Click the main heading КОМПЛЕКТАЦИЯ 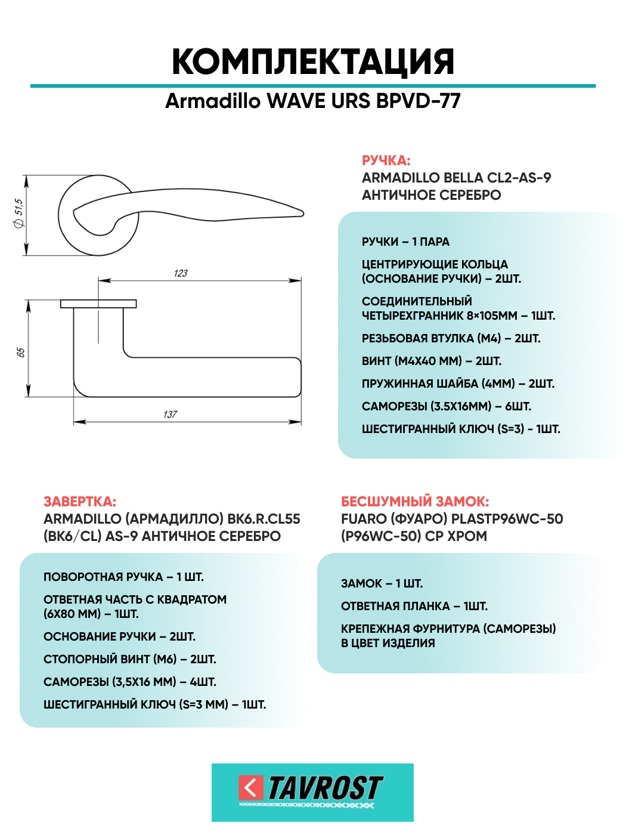tap(313, 62)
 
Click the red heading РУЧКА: tap(386, 160)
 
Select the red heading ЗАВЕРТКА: tap(80, 502)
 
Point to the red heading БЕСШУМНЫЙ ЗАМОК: tap(415, 502)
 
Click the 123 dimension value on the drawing tap(181, 273)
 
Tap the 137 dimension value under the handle tap(171, 414)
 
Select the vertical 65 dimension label tap(21, 352)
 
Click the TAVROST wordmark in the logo tap(325, 788)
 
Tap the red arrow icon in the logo tap(250, 787)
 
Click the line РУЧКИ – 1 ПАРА tap(405, 242)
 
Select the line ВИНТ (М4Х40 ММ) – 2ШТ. tap(432, 361)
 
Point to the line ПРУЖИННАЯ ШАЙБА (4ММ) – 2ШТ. tap(458, 384)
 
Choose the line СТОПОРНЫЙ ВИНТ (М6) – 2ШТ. tap(130, 659)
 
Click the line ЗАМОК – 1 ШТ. tap(382, 583)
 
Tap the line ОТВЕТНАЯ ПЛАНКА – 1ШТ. tap(414, 606)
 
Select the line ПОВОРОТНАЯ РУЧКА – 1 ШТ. tap(123, 577)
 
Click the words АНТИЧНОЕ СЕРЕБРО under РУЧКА tap(431, 195)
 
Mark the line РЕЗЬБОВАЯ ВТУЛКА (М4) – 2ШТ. tap(451, 338)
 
